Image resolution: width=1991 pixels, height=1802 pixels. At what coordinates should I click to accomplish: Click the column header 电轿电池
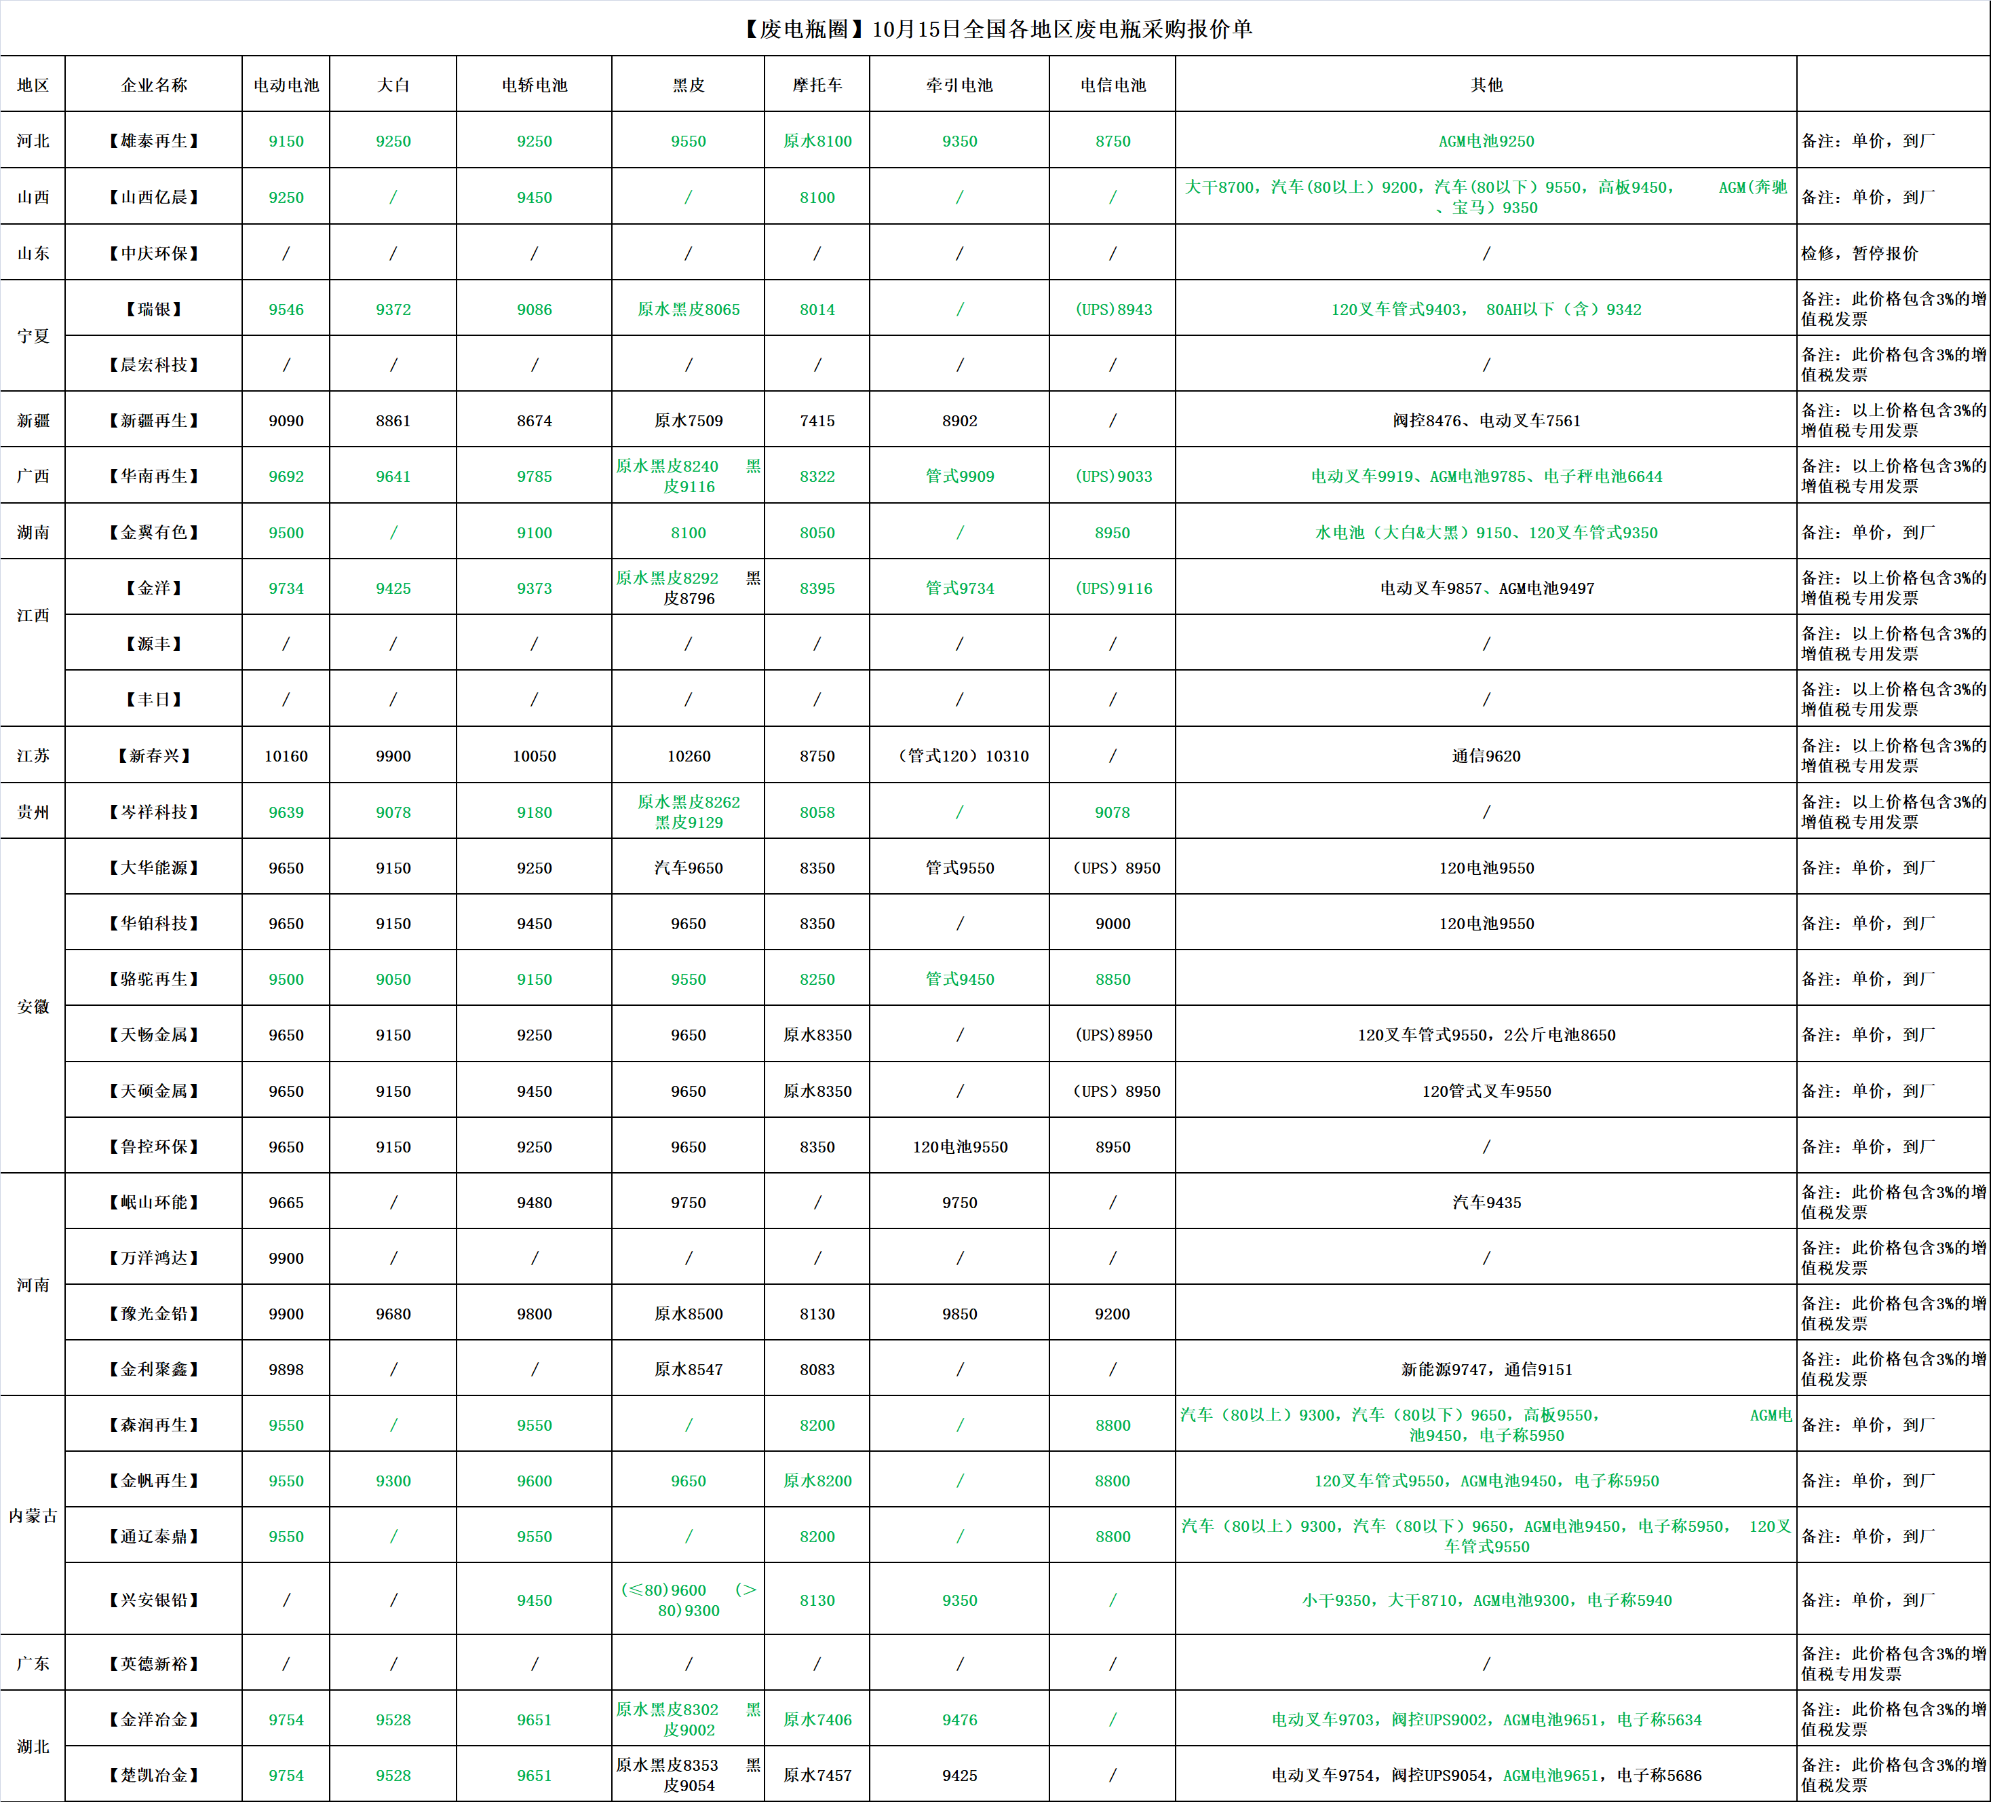pos(535,85)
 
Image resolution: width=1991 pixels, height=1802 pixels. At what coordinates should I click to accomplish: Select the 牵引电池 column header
pos(959,85)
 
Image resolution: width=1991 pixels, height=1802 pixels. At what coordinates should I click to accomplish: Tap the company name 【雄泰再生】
pos(153,141)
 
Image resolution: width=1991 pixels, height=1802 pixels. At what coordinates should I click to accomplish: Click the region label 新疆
pos(33,421)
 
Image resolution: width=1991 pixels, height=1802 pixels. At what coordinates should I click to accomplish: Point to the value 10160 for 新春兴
pos(286,756)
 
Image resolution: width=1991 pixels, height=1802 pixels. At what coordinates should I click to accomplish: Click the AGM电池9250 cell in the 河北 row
pos(1486,141)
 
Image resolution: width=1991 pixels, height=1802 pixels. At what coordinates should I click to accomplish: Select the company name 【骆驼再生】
pos(153,979)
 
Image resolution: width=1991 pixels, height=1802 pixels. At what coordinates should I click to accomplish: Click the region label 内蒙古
pos(33,1516)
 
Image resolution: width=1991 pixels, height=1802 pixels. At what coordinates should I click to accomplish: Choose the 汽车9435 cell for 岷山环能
pos(1486,1202)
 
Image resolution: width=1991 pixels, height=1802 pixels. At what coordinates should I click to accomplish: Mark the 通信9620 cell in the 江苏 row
pos(1486,756)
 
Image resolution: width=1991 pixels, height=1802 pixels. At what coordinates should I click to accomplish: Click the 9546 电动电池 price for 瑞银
pos(286,309)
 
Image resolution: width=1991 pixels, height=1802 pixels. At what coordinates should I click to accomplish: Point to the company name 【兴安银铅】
pos(153,1600)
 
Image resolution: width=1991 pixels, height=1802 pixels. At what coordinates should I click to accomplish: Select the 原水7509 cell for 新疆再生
pos(689,421)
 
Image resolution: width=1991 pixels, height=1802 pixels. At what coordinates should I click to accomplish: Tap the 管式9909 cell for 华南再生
pos(959,476)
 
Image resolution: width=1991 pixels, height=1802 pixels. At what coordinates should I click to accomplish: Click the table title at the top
pos(996,29)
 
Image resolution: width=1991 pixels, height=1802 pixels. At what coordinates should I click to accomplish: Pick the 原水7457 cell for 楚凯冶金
pos(817,1776)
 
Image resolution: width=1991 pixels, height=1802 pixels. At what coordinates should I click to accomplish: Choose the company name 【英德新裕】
pos(153,1664)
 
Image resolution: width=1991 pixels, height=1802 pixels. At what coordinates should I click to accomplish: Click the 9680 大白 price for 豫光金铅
pos(393,1314)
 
